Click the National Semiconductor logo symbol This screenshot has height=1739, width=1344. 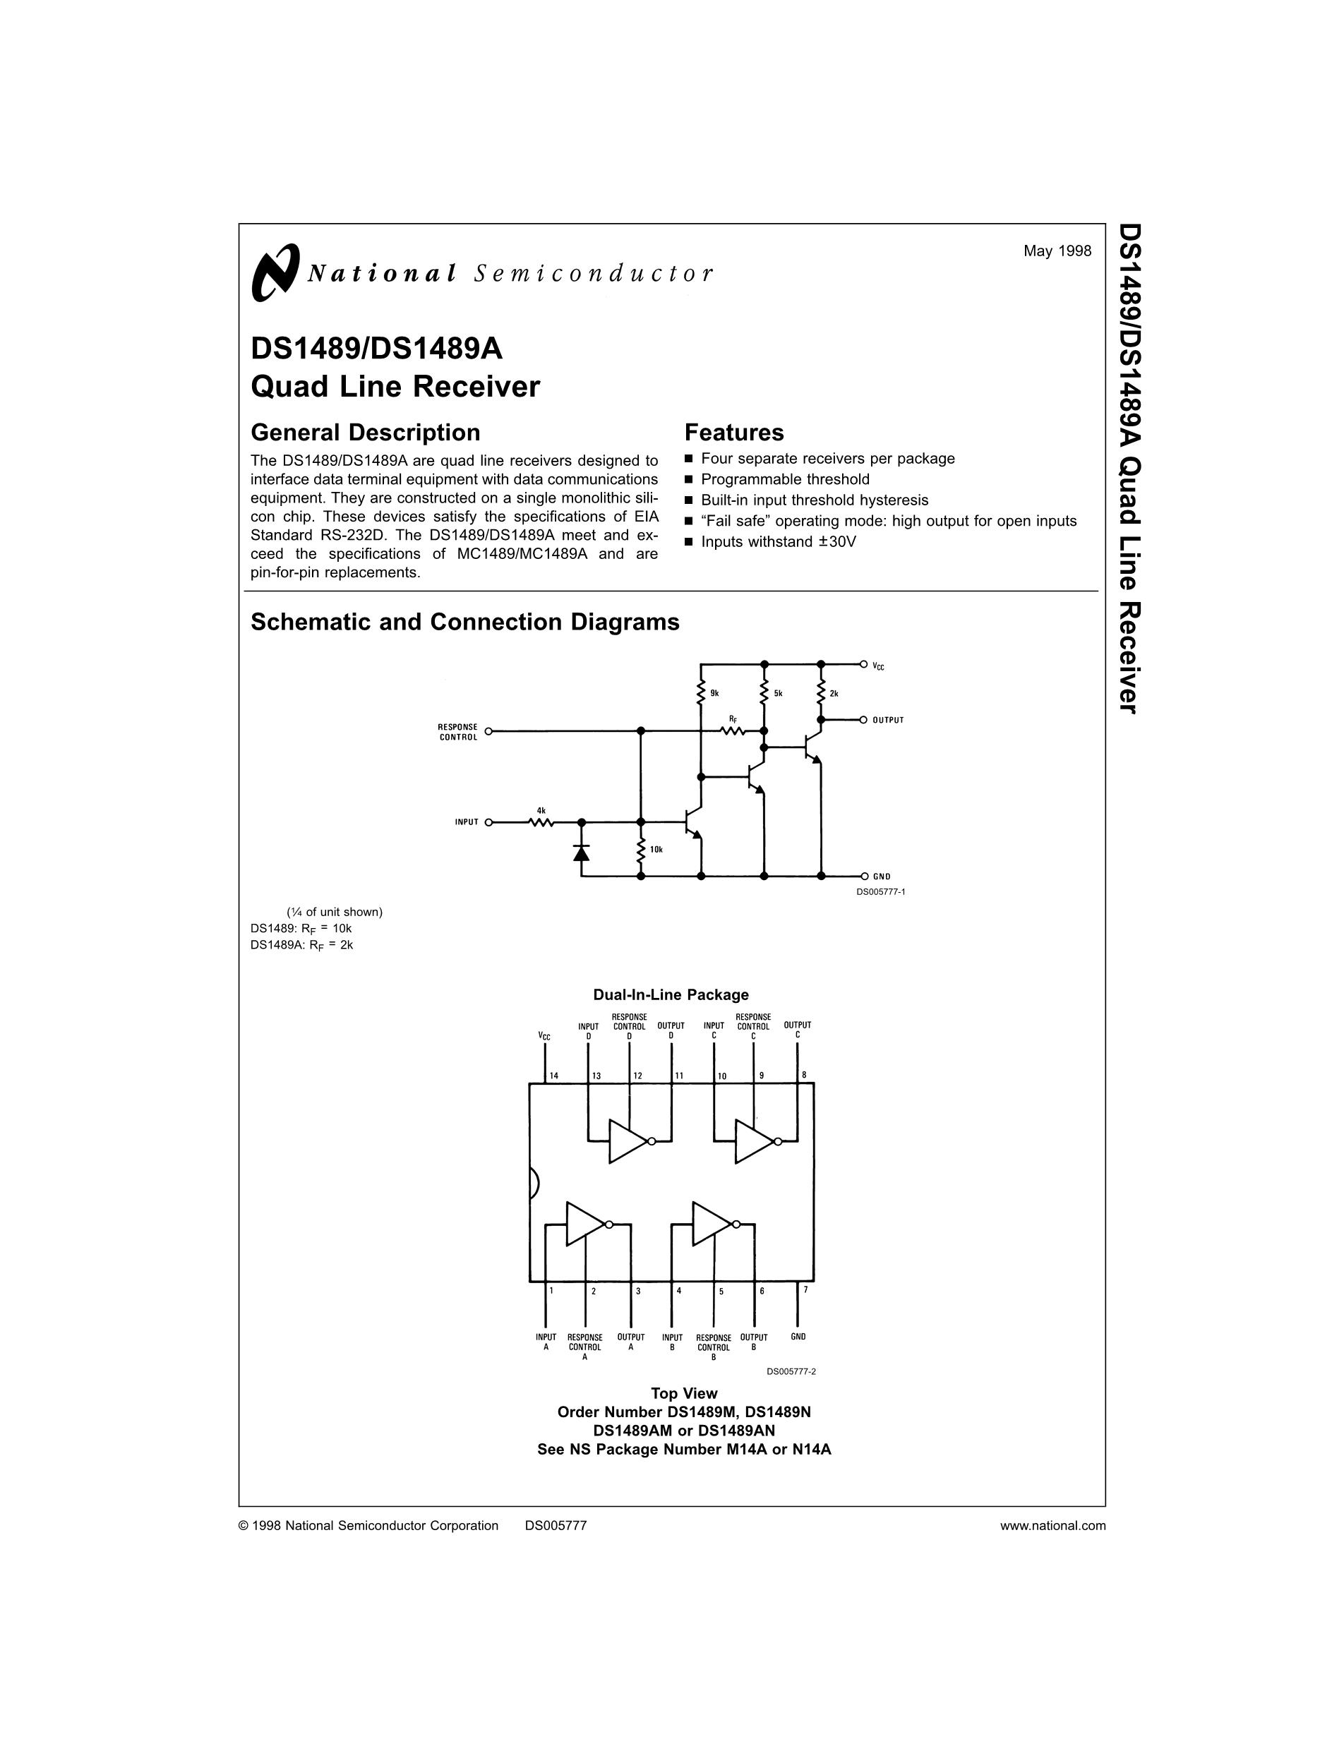point(275,272)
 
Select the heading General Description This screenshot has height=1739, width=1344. point(366,433)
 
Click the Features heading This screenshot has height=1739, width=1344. point(734,433)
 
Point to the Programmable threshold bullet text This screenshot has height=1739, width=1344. point(785,479)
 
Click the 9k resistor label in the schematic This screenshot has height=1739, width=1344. point(714,694)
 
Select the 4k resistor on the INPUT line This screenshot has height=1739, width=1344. point(541,822)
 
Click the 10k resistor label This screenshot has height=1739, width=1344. point(656,850)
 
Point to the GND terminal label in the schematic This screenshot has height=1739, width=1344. point(882,877)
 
